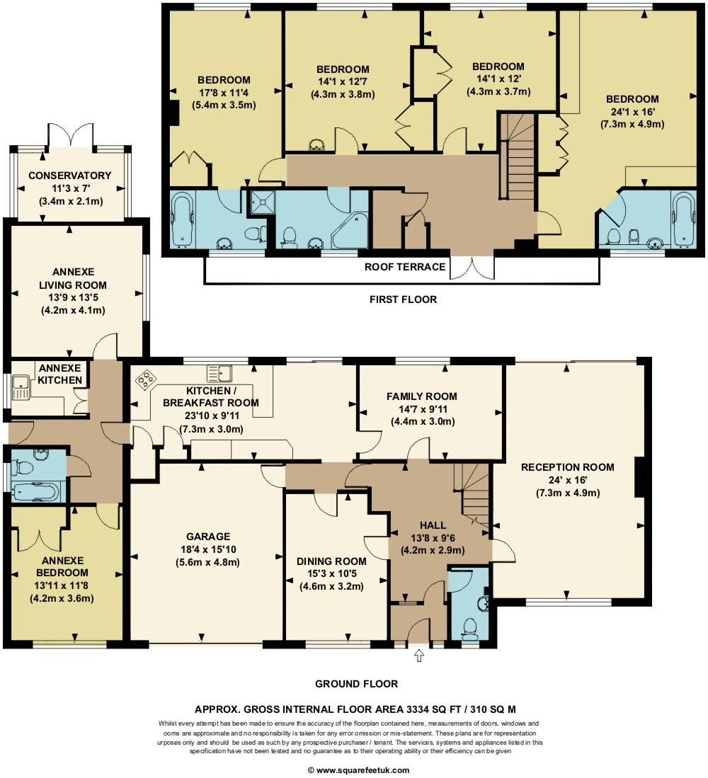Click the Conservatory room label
tap(69, 176)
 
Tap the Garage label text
tap(208, 537)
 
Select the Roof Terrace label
tap(405, 267)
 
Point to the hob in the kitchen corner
tap(145, 379)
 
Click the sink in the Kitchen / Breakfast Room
tap(219, 373)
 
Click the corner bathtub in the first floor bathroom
tap(350, 231)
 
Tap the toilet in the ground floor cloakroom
tap(469, 627)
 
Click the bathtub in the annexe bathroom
tap(36, 492)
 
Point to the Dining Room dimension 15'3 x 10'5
tap(331, 573)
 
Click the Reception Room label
tap(568, 467)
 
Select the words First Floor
tap(403, 299)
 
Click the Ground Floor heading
tap(356, 684)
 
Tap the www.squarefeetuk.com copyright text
tap(358, 770)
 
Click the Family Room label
tap(422, 396)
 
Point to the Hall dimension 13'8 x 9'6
tap(433, 537)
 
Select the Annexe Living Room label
tap(73, 278)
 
